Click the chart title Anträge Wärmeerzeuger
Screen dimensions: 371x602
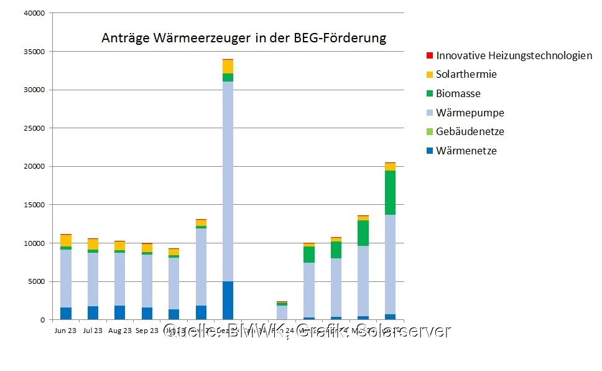tap(243, 39)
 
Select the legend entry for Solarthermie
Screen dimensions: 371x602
tap(466, 75)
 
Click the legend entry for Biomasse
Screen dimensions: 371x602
tap(458, 94)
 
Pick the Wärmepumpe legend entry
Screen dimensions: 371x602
tap(470, 113)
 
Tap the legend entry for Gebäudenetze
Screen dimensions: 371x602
tap(470, 132)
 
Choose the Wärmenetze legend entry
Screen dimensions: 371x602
tap(466, 151)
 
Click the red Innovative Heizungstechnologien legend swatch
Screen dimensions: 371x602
tap(429, 55)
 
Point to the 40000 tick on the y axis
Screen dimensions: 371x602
tap(35, 13)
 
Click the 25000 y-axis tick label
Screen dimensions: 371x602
tap(35, 128)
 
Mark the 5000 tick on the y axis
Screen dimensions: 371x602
tap(37, 281)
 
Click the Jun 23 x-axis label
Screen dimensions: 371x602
tap(65, 331)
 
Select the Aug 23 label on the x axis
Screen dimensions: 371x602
tap(119, 331)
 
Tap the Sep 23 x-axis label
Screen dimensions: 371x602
tap(147, 331)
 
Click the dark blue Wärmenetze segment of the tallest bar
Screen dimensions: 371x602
tap(228, 300)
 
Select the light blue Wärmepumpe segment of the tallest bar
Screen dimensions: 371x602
tap(228, 181)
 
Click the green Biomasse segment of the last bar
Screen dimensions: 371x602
tap(390, 192)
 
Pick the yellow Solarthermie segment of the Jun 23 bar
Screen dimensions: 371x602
tap(65, 240)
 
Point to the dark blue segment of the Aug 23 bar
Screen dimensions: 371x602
tap(119, 312)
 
